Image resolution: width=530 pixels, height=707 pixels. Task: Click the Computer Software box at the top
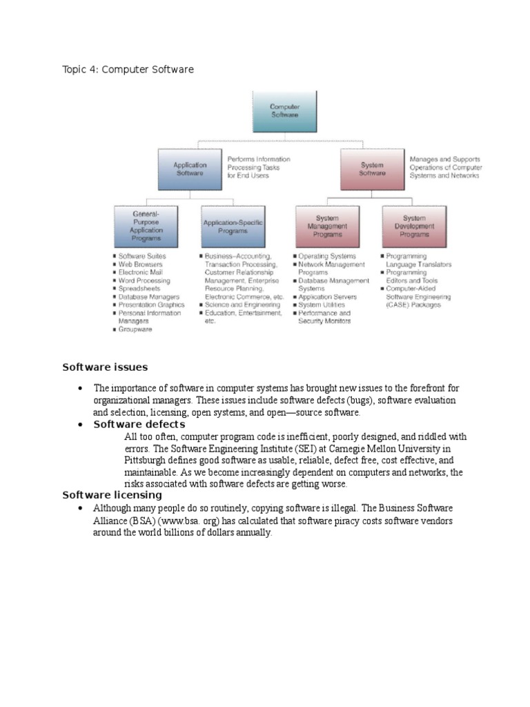pyautogui.click(x=284, y=111)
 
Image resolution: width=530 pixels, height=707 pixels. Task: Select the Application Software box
pyautogui.click(x=190, y=169)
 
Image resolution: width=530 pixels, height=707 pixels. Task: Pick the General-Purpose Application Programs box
pyautogui.click(x=146, y=226)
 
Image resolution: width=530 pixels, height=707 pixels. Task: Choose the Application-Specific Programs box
pyautogui.click(x=233, y=226)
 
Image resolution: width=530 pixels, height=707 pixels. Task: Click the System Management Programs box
pyautogui.click(x=327, y=226)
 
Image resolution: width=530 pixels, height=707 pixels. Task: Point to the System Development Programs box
pyautogui.click(x=414, y=226)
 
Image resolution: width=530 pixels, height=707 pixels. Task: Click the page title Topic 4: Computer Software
pyautogui.click(x=128, y=70)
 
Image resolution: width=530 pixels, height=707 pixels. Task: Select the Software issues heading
pyautogui.click(x=105, y=367)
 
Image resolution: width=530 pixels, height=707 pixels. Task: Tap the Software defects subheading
pyautogui.click(x=139, y=424)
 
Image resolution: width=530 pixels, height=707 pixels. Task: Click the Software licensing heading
pyautogui.click(x=112, y=494)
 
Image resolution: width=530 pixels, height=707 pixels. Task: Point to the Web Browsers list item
pyautogui.click(x=140, y=264)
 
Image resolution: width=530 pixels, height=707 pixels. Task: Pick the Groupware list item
pyautogui.click(x=135, y=329)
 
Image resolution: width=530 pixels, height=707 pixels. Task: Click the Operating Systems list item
pyautogui.click(x=327, y=256)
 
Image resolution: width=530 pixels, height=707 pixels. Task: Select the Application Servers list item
pyautogui.click(x=327, y=297)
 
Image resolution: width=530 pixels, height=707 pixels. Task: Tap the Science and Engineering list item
pyautogui.click(x=242, y=304)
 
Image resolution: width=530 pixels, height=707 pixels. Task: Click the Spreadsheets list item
pyautogui.click(x=138, y=289)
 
